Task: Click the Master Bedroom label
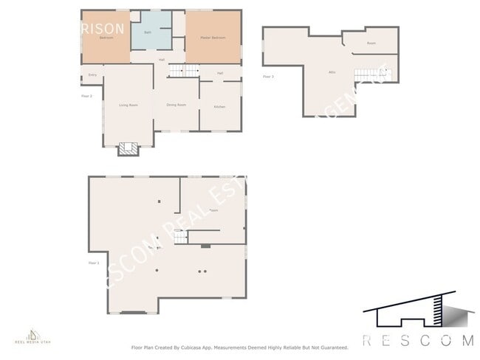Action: [214, 38]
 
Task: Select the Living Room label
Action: [128, 105]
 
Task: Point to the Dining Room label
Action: [176, 105]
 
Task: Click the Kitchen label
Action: [219, 107]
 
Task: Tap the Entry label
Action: [92, 75]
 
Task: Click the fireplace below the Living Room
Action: [128, 148]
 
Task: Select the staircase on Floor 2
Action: [185, 71]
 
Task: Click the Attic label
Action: [332, 72]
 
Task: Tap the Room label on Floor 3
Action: [371, 44]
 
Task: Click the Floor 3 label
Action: [268, 76]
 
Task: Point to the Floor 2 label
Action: [86, 96]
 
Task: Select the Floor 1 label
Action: [93, 263]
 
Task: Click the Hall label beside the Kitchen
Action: [220, 73]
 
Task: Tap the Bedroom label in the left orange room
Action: [106, 38]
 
